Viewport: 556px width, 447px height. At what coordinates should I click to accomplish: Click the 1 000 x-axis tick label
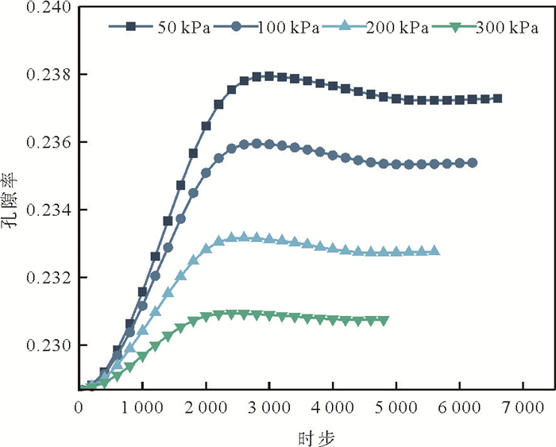[142, 407]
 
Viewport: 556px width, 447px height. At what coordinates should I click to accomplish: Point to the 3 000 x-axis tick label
[269, 407]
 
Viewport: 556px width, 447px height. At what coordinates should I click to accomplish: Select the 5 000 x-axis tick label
[396, 407]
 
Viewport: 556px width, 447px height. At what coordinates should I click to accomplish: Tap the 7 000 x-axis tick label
[523, 407]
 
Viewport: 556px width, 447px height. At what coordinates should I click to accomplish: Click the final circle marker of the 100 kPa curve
[473, 163]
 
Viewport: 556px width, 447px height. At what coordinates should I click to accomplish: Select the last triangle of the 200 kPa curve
[434, 251]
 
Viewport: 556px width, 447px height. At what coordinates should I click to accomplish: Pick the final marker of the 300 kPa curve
[384, 321]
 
